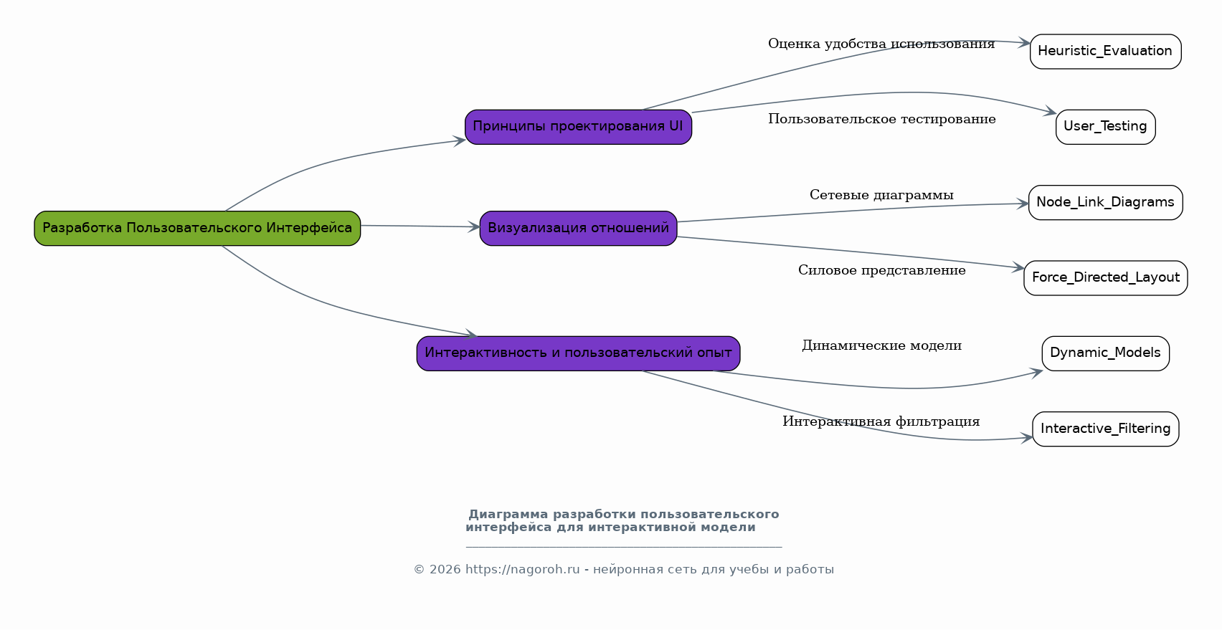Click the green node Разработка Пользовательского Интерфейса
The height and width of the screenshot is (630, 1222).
(197, 228)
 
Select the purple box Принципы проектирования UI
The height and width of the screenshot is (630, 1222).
(578, 127)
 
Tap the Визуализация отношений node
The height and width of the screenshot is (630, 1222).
(578, 228)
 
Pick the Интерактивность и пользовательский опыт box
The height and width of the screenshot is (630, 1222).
(578, 353)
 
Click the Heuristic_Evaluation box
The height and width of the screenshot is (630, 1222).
(1105, 52)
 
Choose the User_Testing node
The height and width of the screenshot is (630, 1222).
(1105, 127)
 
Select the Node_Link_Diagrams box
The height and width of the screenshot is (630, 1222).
(1105, 202)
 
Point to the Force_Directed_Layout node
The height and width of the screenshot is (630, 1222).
(1105, 277)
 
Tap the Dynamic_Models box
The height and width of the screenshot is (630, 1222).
(1105, 353)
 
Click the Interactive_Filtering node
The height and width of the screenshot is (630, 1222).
(1105, 429)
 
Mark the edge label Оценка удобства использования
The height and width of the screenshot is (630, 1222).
(881, 44)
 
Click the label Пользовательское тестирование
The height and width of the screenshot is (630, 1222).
(881, 119)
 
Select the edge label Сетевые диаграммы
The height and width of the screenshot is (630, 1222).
(881, 195)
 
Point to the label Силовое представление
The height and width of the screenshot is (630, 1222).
(881, 270)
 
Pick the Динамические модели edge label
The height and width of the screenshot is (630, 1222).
(881, 345)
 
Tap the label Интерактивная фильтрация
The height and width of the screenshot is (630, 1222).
(881, 421)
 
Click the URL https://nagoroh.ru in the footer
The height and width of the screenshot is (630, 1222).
(522, 570)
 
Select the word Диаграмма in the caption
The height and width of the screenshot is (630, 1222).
(508, 515)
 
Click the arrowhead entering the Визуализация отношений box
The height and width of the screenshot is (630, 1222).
(473, 227)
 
